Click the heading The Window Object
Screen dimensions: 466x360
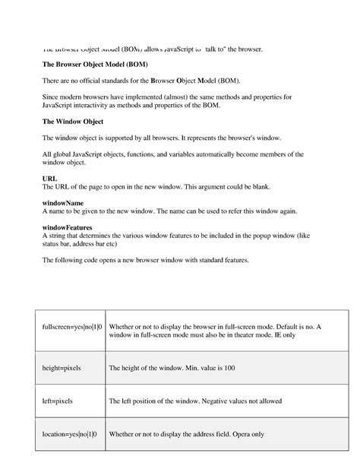(74, 122)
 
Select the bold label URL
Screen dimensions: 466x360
(49, 179)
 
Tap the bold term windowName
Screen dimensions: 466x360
(63, 203)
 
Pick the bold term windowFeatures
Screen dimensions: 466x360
(67, 227)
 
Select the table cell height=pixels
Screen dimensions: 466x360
(62, 368)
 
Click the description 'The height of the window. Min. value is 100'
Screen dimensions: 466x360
(172, 368)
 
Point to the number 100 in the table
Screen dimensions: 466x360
(229, 368)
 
